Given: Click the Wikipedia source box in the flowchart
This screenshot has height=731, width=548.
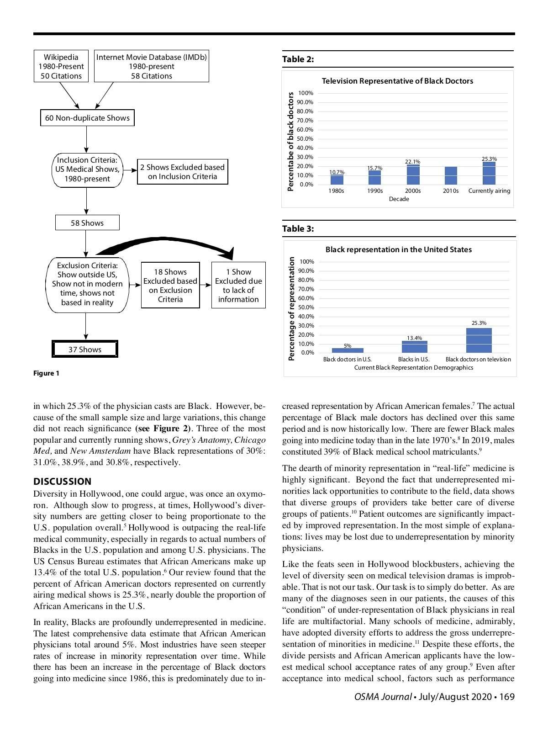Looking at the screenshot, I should point(61,66).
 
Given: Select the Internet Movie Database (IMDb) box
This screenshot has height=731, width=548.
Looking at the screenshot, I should point(151,66).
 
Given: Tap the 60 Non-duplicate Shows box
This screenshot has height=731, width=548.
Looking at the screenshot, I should point(87,118).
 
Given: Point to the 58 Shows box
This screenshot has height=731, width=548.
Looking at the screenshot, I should point(87,223).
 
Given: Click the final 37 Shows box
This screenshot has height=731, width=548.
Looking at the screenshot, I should point(85,350).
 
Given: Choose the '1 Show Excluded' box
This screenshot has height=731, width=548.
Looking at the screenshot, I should point(238,285).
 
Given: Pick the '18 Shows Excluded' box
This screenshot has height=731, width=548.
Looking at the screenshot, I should point(170,285).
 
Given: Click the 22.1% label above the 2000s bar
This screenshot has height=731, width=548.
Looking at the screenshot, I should point(413,162).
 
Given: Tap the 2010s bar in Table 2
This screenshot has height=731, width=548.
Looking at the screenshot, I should point(451,176).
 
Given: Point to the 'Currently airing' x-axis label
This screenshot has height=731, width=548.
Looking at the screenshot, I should point(489,191).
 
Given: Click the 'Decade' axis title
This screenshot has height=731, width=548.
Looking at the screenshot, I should point(399,199).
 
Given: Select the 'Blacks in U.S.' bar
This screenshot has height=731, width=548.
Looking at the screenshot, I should point(415,347).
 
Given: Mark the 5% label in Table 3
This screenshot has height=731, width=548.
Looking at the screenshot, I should point(348,346).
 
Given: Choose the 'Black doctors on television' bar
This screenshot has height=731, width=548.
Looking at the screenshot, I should point(479,340).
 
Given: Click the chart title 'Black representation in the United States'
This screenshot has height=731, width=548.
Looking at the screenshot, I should point(398,249).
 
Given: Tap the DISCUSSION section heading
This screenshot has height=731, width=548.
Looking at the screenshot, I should point(62,482).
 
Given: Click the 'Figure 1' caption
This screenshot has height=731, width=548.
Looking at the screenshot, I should point(46,373).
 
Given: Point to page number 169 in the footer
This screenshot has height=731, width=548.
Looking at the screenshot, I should point(507,697).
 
